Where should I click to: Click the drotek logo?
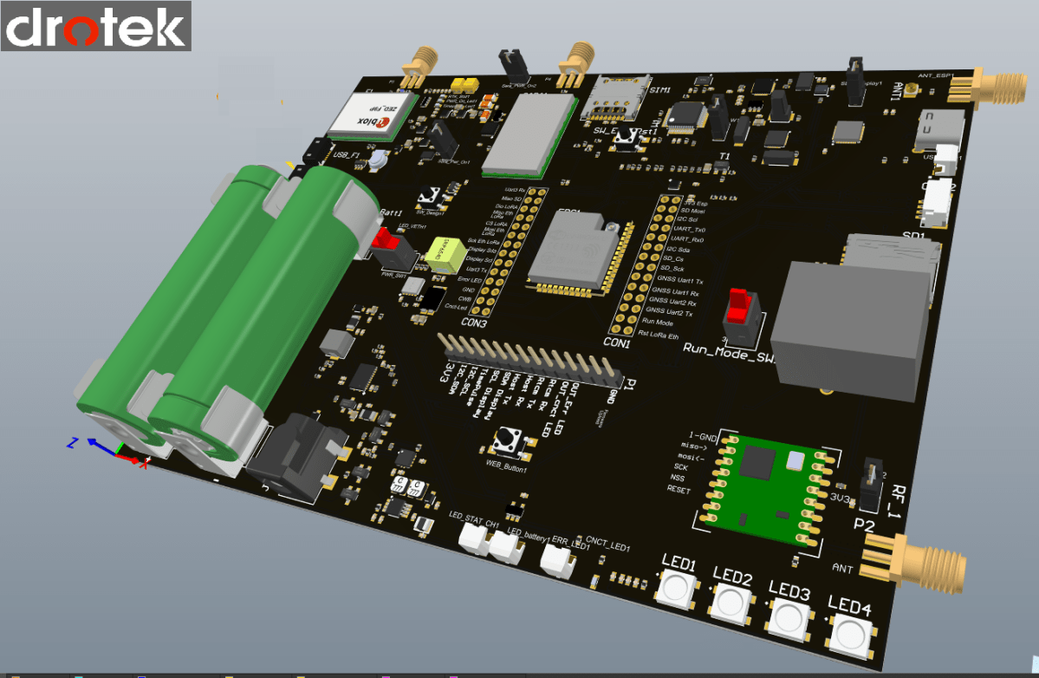point(95,26)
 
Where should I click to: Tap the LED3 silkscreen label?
point(789,593)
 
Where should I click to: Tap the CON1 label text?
point(615,342)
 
